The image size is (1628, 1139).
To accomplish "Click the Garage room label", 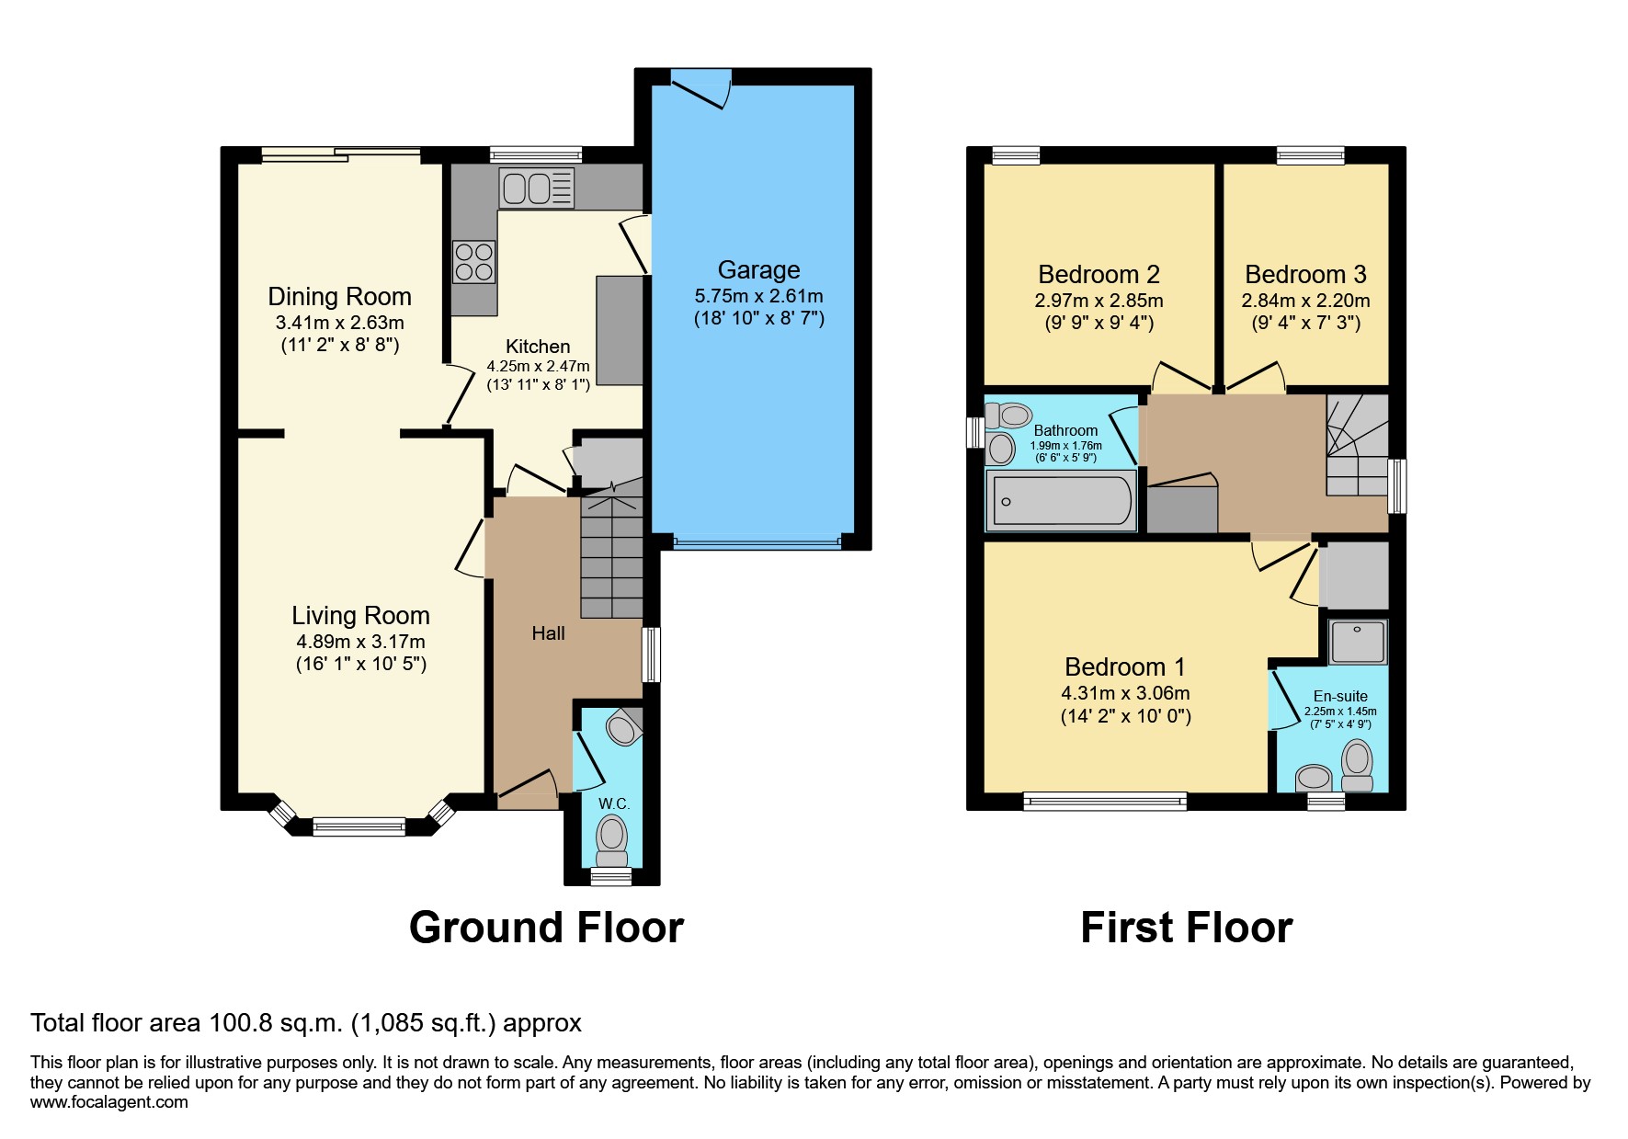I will pyautogui.click(x=758, y=269).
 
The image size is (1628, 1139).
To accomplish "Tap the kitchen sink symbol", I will pyautogui.click(x=535, y=188).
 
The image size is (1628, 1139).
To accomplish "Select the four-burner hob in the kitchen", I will pyautogui.click(x=474, y=260).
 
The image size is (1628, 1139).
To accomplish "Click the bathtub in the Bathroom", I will pyautogui.click(x=1062, y=501).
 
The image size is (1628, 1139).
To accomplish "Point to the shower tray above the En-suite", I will pyautogui.click(x=1358, y=640).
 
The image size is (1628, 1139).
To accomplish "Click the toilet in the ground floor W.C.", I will pyautogui.click(x=611, y=838).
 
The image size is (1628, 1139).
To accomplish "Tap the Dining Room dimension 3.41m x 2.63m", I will pyautogui.click(x=339, y=323).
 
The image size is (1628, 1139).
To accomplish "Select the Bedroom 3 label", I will pyautogui.click(x=1305, y=274).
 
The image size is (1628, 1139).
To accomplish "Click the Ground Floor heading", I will pyautogui.click(x=546, y=927).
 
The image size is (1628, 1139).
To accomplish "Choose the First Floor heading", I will pyautogui.click(x=1186, y=927).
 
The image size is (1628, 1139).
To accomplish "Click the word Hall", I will pyautogui.click(x=548, y=632).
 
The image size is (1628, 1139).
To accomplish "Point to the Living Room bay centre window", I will pyautogui.click(x=359, y=826).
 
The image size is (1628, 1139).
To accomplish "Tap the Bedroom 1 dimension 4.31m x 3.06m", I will pyautogui.click(x=1125, y=693).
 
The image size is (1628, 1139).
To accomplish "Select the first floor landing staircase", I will pyautogui.click(x=1357, y=446).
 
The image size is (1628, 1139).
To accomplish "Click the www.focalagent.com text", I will pyautogui.click(x=108, y=1101).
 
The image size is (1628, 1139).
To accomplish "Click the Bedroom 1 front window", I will pyautogui.click(x=1105, y=802).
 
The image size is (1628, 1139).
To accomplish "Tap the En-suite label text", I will pyautogui.click(x=1340, y=696).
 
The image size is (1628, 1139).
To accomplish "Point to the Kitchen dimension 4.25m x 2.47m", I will pyautogui.click(x=538, y=366).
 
